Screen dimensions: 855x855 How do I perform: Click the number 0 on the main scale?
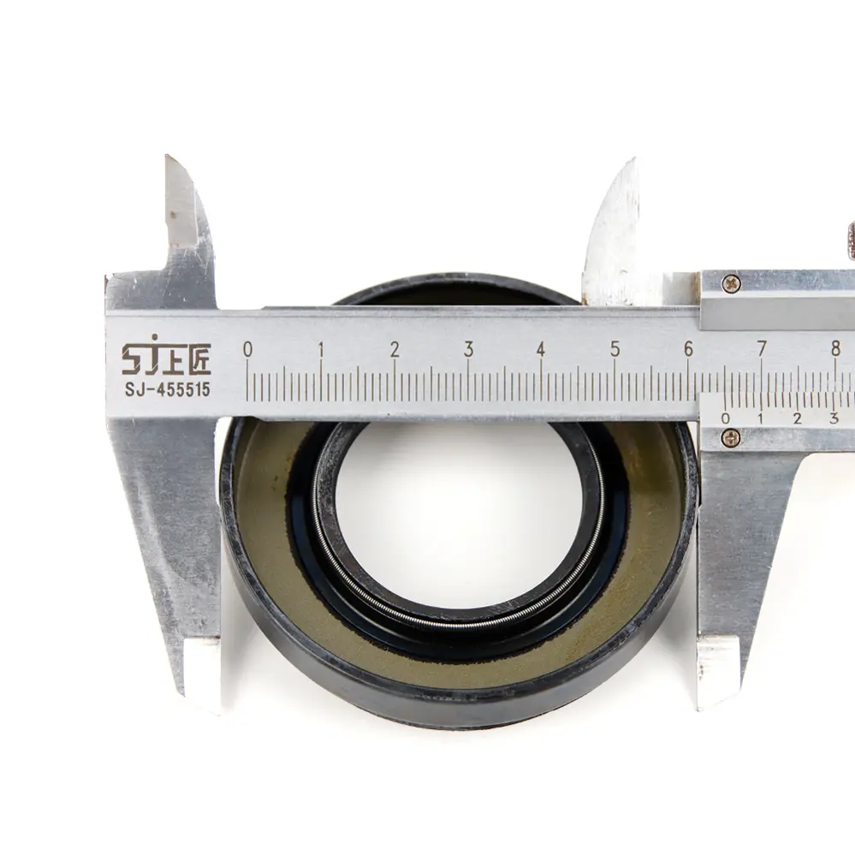(x=247, y=348)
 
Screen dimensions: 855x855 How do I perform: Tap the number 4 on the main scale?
(x=541, y=348)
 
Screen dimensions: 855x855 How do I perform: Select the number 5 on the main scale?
(x=615, y=348)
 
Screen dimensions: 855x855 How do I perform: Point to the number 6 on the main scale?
(x=688, y=348)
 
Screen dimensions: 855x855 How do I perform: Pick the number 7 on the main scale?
(x=762, y=348)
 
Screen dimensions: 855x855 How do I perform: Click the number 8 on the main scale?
(x=835, y=348)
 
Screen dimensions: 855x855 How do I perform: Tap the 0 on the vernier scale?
(x=726, y=419)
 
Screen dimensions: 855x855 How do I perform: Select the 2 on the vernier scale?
(x=797, y=419)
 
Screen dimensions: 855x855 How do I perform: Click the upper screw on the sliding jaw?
(x=730, y=283)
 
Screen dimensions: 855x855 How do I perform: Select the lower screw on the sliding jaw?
(x=730, y=437)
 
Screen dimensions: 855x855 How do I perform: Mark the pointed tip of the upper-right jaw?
(x=632, y=162)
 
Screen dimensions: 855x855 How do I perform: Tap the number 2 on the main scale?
(x=395, y=348)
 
